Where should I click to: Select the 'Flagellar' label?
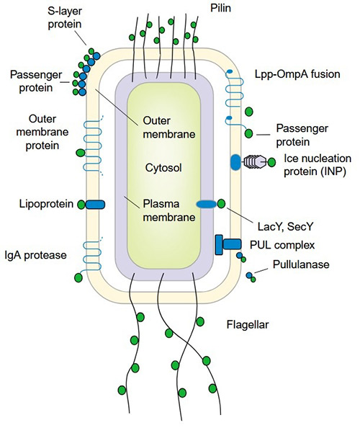[x=247, y=324]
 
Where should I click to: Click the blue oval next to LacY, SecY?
[x=205, y=205]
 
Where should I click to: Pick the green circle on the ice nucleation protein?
[x=271, y=163]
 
